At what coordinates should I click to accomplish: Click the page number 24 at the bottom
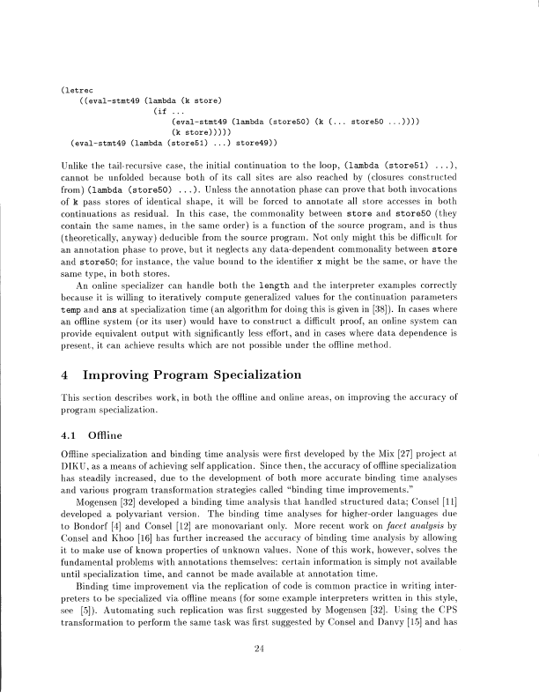tap(269, 650)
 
